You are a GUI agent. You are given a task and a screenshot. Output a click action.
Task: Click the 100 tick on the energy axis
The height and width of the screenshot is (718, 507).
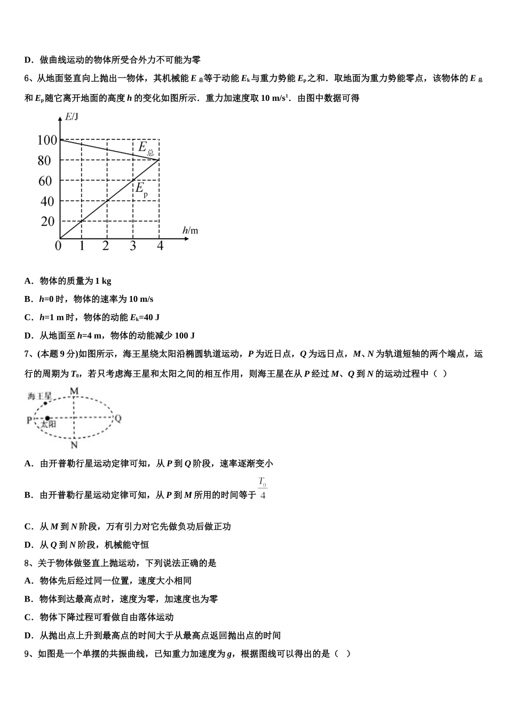coord(47,141)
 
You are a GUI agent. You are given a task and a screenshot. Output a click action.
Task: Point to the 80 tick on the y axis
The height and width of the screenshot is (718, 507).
coord(44,161)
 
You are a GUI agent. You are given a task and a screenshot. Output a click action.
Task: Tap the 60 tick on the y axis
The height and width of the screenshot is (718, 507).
coord(45,181)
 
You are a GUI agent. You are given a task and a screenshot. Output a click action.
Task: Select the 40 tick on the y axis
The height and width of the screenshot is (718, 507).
coord(47,201)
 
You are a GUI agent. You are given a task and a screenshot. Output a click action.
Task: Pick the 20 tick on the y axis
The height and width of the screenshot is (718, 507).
coord(47,221)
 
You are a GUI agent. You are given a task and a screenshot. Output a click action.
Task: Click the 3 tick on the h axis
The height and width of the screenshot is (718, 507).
coord(133,246)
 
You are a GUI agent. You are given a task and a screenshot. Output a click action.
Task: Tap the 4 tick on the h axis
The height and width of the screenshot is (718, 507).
coord(160,246)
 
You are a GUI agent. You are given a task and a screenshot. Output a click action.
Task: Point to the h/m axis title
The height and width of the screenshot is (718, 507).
coord(190,230)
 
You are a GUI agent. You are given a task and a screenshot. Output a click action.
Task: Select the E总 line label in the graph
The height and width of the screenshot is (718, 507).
coord(145,148)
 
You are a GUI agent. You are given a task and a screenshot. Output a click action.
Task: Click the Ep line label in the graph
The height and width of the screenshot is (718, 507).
coord(141,189)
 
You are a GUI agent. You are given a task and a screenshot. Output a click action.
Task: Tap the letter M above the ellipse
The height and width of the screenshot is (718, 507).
coord(74,391)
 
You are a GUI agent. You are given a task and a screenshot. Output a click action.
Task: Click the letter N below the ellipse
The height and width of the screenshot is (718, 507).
coord(74,444)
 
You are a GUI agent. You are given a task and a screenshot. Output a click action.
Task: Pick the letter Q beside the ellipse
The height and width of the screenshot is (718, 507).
coord(118,418)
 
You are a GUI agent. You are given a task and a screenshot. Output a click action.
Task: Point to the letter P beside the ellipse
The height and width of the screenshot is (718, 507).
coord(30,420)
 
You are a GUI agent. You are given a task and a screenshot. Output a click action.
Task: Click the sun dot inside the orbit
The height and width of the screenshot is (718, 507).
coord(47,418)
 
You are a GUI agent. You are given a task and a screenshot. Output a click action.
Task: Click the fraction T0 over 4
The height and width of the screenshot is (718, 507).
coord(263,488)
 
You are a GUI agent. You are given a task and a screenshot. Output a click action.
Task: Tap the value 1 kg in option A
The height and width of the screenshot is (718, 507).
coord(103,281)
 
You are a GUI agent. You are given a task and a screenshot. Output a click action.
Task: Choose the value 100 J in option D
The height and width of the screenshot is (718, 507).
coord(185,335)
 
